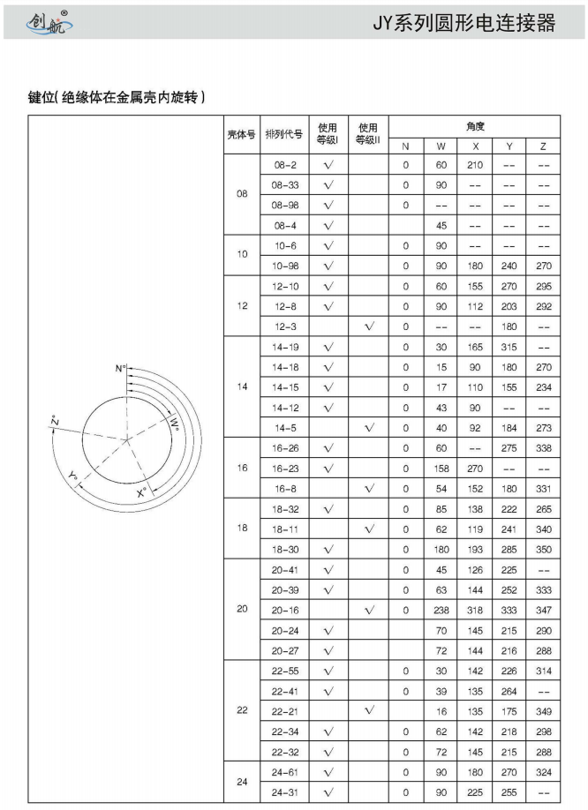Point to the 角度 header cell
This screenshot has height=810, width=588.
tap(474, 125)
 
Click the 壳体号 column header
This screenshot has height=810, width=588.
tap(241, 135)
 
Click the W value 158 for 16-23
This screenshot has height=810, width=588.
tap(441, 468)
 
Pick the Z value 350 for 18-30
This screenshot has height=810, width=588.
tap(543, 548)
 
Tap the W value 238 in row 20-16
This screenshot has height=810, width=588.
tap(441, 609)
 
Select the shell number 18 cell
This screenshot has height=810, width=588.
tap(241, 528)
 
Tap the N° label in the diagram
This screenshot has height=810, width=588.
tap(120, 366)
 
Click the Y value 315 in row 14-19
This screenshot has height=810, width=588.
tap(509, 347)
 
